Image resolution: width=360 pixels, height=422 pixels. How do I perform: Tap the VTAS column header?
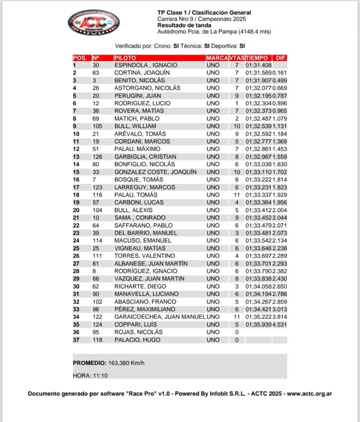pyautogui.click(x=237, y=58)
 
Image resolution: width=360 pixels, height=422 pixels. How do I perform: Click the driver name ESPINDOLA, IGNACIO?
pyautogui.click(x=146, y=65)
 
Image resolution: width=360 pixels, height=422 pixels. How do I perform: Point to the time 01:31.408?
pyautogui.click(x=259, y=65)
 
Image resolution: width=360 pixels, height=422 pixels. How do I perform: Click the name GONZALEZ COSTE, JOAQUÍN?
pyautogui.click(x=155, y=172)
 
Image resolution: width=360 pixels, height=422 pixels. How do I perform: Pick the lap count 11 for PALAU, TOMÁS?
pyautogui.click(x=237, y=195)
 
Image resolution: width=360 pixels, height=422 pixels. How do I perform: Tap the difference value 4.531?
pyautogui.click(x=280, y=325)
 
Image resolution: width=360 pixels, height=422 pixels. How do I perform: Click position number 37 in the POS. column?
pyautogui.click(x=76, y=340)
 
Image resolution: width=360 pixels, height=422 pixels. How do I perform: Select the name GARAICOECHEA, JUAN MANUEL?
pyautogui.click(x=160, y=317)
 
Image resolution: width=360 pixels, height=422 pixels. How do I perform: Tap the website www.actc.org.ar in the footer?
pyautogui.click(x=309, y=394)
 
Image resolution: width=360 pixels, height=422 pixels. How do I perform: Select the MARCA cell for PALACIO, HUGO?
pyautogui.click(x=213, y=340)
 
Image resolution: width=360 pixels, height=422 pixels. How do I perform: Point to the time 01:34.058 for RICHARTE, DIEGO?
pyautogui.click(x=259, y=286)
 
